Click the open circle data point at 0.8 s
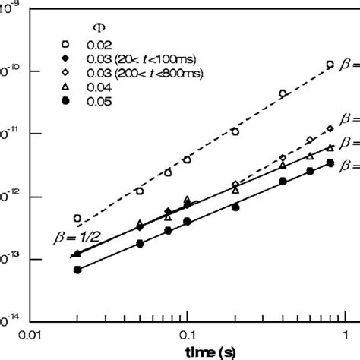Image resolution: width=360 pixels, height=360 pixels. pyautogui.click(x=330, y=65)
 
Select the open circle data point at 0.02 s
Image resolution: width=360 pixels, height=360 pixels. pyautogui.click(x=77, y=218)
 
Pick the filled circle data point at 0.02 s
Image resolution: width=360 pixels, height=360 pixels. pyautogui.click(x=77, y=270)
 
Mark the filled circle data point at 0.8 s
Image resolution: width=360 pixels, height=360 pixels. pyautogui.click(x=330, y=163)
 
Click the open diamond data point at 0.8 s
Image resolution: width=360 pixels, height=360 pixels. pyautogui.click(x=330, y=128)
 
